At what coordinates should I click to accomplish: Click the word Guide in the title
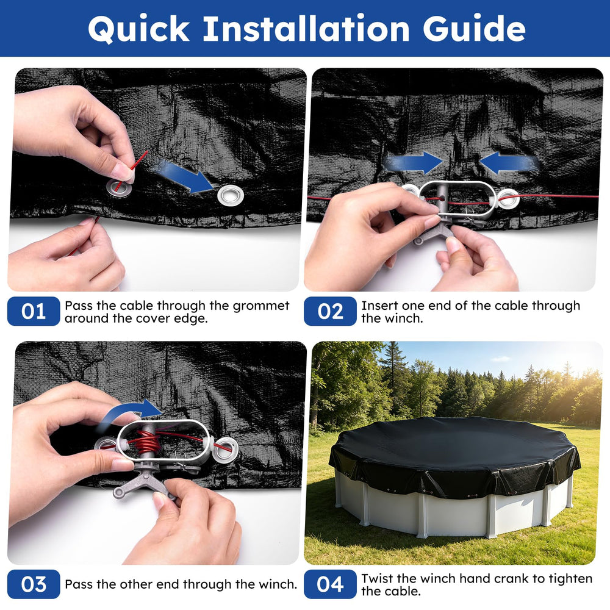[x=474, y=29]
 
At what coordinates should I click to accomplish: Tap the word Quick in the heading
[x=138, y=29]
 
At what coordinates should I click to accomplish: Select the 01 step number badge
[x=34, y=311]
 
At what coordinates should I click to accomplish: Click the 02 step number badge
[x=330, y=311]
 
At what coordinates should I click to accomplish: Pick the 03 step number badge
[x=34, y=584]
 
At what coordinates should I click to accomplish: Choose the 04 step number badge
[x=330, y=584]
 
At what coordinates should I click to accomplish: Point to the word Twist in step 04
[x=378, y=578]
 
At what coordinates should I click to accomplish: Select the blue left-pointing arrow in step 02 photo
[x=509, y=163]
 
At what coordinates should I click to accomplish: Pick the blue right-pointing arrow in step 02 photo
[x=413, y=163]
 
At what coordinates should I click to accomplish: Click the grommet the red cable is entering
[x=120, y=188]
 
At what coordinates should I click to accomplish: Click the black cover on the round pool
[x=454, y=451]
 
